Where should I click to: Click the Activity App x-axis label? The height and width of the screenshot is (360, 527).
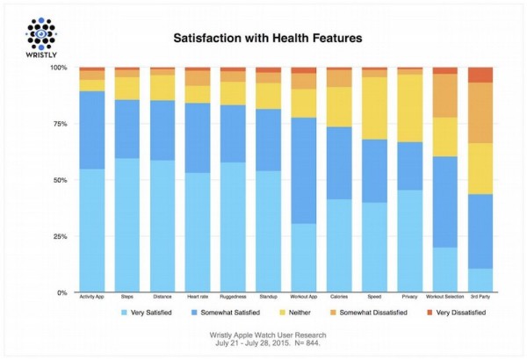(x=92, y=299)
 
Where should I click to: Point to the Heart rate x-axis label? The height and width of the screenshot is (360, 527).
(x=198, y=299)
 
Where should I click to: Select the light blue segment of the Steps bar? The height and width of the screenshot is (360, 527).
(x=128, y=225)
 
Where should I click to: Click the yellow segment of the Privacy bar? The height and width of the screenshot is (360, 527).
(x=410, y=108)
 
